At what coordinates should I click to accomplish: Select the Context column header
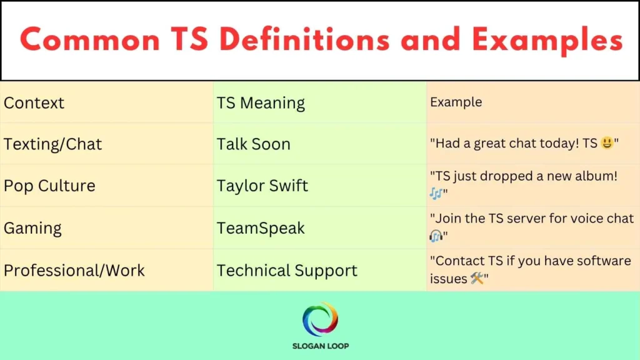click(34, 102)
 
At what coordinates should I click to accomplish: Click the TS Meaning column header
click(261, 102)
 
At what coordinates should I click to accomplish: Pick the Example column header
click(456, 102)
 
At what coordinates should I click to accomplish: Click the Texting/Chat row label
click(52, 144)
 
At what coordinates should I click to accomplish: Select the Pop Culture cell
click(49, 186)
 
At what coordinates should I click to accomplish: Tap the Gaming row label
click(32, 228)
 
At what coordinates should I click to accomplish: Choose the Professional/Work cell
click(74, 271)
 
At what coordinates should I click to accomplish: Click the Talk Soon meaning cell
click(253, 144)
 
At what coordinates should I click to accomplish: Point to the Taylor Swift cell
click(262, 186)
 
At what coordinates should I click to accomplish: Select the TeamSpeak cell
click(261, 228)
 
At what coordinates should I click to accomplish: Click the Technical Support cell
click(287, 271)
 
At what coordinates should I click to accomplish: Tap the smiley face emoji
click(606, 144)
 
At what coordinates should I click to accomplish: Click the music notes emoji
click(436, 194)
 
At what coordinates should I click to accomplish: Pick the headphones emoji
click(436, 236)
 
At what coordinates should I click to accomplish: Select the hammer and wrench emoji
click(477, 279)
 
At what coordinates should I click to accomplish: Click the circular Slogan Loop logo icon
click(320, 319)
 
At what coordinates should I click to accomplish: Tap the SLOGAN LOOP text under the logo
click(320, 346)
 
